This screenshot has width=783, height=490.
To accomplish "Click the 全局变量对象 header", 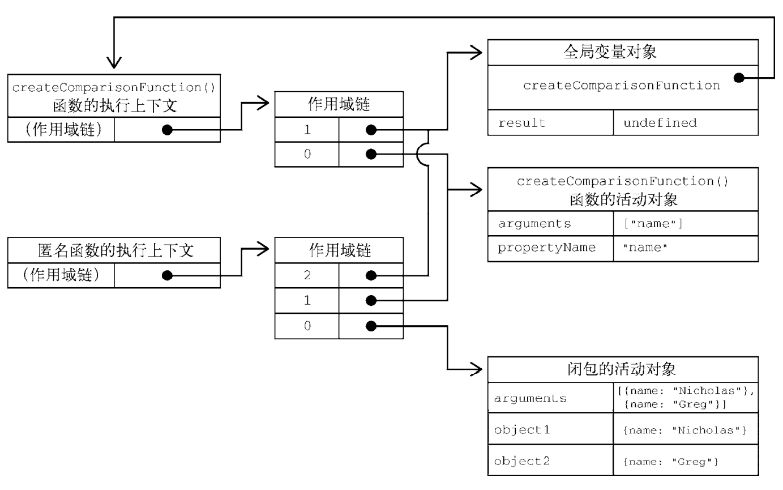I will coord(622,52).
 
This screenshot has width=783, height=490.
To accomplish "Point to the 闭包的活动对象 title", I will coord(622,369).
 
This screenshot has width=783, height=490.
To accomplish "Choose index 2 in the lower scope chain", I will coord(306,276).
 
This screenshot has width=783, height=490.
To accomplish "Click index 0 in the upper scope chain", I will coord(306,154).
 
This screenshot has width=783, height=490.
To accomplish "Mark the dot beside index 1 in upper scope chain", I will coord(371,130).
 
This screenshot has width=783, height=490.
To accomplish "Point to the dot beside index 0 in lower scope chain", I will coord(371,326).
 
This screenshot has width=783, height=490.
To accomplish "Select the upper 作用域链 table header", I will coord(339,105).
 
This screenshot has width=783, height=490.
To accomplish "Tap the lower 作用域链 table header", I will coord(339,251).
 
